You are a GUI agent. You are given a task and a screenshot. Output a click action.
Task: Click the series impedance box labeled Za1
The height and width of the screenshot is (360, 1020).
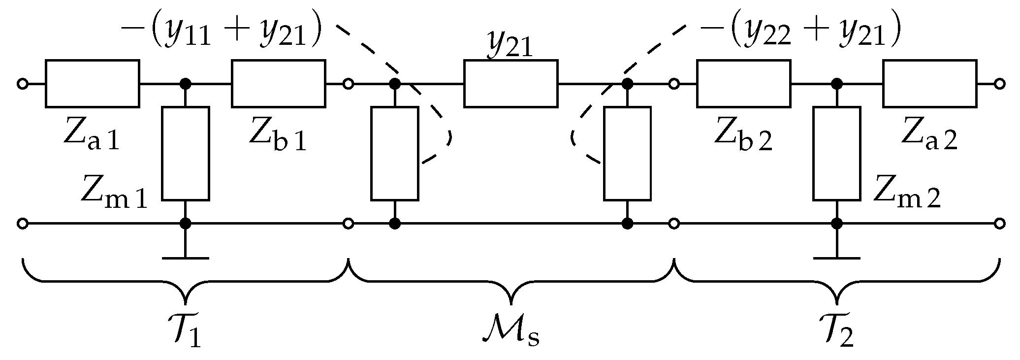click(93, 84)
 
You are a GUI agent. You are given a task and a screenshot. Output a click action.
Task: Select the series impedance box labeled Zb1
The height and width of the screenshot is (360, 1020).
click(279, 84)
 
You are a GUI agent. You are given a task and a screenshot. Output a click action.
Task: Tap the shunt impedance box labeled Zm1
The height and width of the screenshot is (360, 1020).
click(186, 153)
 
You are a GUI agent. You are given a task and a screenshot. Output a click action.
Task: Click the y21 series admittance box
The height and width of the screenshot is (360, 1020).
click(511, 84)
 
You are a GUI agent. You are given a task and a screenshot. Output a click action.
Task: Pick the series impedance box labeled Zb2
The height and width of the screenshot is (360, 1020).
click(744, 84)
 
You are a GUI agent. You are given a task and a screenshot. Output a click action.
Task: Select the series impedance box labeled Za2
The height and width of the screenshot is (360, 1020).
click(930, 84)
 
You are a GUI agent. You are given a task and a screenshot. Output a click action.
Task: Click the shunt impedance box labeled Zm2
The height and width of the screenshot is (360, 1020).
click(836, 153)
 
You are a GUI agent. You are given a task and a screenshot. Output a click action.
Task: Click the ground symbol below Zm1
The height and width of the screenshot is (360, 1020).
click(186, 257)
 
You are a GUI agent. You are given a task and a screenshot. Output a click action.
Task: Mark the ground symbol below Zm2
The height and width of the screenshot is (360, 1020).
click(836, 257)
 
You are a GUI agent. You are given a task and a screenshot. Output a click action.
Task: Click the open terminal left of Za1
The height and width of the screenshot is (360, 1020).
click(22, 84)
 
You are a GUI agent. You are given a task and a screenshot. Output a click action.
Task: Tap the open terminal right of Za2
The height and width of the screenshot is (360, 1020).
click(999, 84)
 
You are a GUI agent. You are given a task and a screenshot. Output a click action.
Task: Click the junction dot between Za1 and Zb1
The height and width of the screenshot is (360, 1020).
click(186, 84)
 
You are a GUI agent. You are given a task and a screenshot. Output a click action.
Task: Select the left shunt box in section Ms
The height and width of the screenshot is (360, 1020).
click(395, 153)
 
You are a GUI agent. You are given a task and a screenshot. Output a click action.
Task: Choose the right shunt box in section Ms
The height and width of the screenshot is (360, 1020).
click(627, 153)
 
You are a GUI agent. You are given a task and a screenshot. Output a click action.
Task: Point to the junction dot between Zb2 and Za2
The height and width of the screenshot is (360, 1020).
click(836, 84)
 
